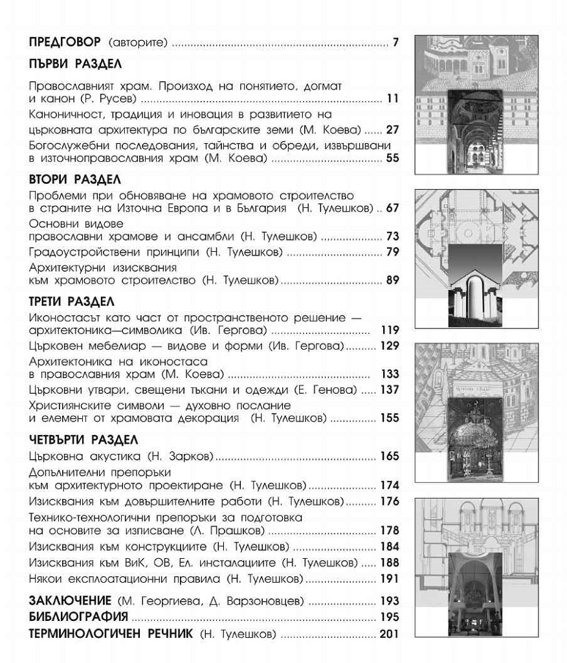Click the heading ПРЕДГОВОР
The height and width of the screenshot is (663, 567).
[x=65, y=43]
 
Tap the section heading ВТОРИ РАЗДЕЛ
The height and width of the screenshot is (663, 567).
[x=75, y=179]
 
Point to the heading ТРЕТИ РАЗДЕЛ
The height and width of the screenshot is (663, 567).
[x=72, y=302]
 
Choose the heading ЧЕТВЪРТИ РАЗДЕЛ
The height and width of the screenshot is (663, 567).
[x=83, y=440]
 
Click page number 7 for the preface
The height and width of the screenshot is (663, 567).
[x=395, y=43]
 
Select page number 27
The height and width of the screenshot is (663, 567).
[x=392, y=129]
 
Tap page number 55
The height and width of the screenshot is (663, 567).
[x=392, y=157]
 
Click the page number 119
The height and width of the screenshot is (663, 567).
[x=390, y=330]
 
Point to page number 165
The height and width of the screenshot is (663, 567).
[x=390, y=456]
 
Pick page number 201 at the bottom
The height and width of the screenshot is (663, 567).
[x=390, y=634]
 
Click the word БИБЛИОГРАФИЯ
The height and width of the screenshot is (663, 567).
[x=78, y=617]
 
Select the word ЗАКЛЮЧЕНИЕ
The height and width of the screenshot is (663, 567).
[x=71, y=601]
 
